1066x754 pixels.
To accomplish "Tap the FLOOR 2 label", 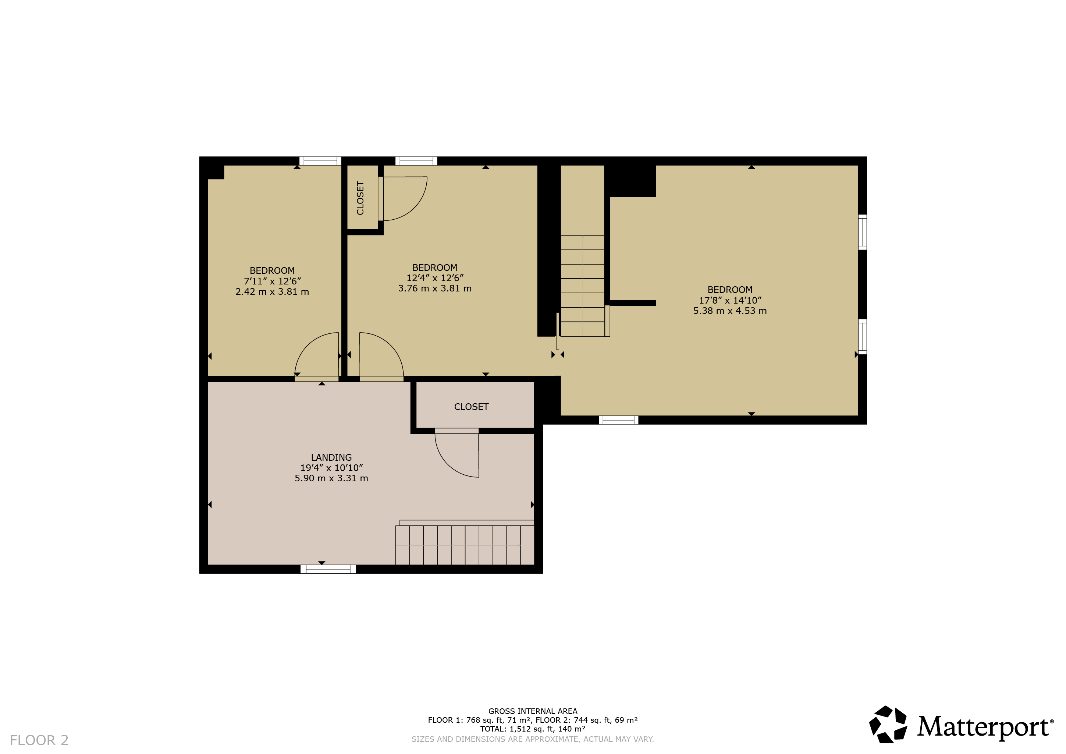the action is (x=39, y=740).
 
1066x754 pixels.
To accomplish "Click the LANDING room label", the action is (x=331, y=458).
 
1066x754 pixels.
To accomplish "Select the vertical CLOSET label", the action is (x=360, y=198).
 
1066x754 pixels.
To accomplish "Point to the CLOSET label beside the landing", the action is (x=471, y=407).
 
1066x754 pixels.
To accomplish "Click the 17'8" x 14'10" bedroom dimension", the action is (x=730, y=300).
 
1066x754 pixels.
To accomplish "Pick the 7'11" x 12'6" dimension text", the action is (x=273, y=281).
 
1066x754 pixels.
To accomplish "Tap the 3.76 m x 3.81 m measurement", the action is (x=435, y=288).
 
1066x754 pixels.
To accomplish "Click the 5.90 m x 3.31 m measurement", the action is (x=331, y=478).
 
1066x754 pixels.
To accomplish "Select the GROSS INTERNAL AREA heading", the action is (x=533, y=711).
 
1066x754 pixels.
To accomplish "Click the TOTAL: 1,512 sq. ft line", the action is (x=533, y=729).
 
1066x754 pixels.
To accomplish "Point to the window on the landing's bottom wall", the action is (x=328, y=569).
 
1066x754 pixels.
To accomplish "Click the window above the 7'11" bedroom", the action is (x=320, y=161).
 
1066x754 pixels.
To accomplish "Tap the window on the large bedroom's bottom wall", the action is (x=618, y=420).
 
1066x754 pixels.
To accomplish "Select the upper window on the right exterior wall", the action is (x=862, y=232).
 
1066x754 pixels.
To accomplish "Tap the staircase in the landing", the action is (x=465, y=545).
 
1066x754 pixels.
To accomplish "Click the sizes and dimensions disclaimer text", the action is (x=533, y=739).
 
